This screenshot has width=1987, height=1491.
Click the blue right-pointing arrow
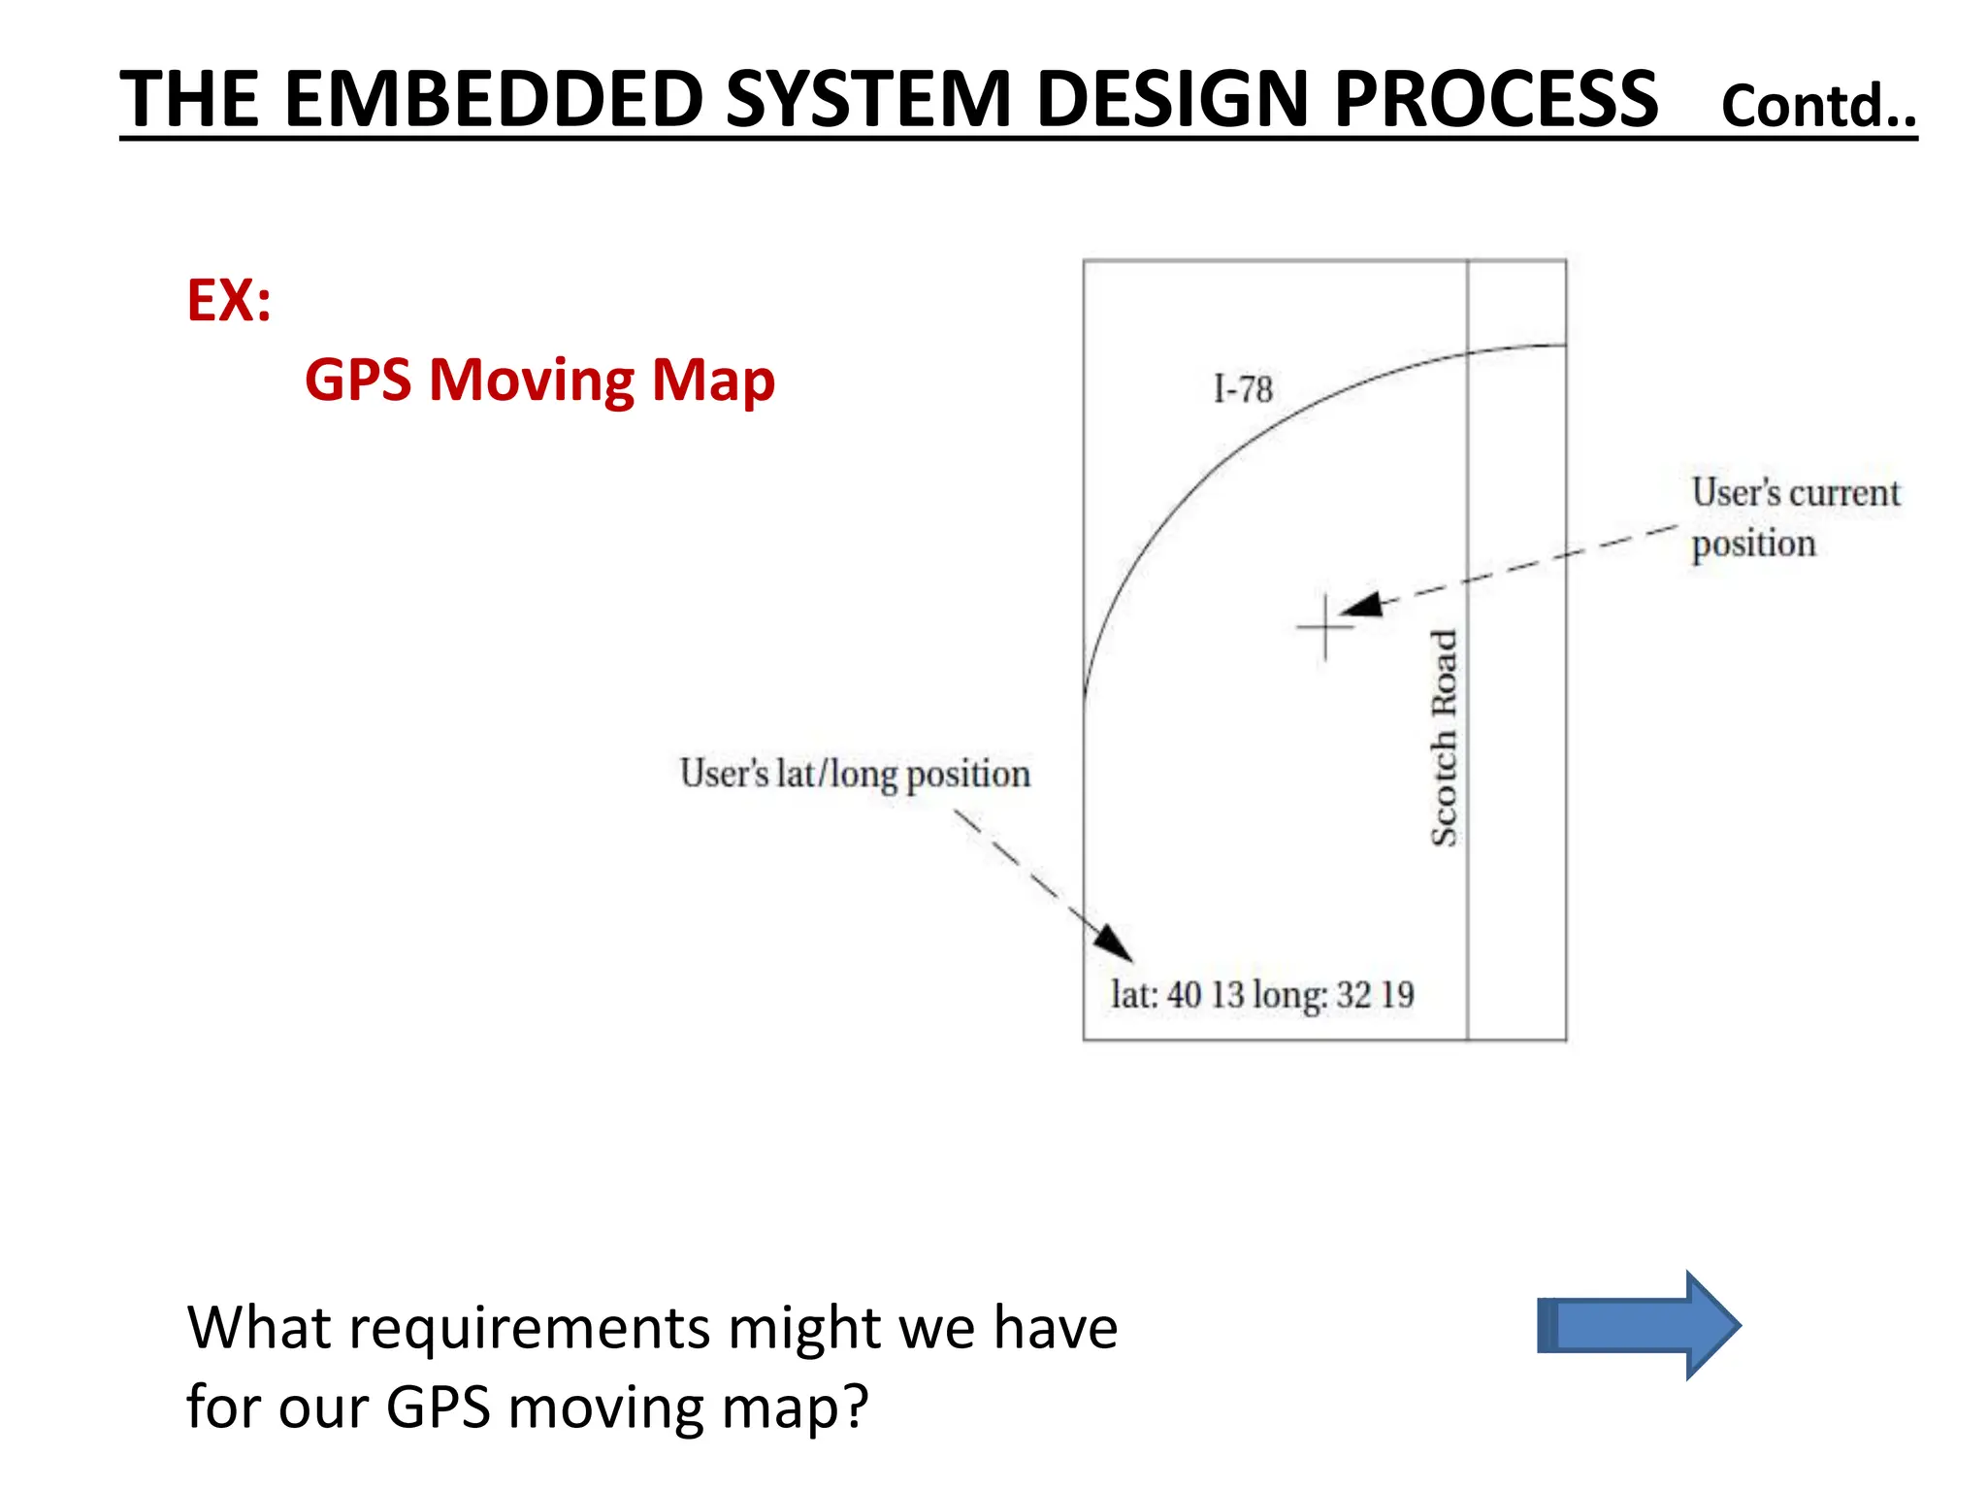coord(1640,1325)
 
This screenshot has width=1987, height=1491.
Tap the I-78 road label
coord(1243,389)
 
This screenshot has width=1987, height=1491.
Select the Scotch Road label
coord(1444,738)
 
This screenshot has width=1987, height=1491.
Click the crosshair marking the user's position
coord(1325,627)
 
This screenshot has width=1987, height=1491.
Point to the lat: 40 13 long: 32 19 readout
coord(1262,995)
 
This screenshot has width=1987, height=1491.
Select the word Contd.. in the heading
coord(1818,106)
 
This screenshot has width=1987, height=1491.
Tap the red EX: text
coord(229,300)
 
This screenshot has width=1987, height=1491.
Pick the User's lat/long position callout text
coord(855,774)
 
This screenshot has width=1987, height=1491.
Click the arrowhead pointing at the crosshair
coord(1361,606)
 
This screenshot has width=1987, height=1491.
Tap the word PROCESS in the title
coord(1495,99)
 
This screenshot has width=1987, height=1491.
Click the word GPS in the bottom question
coord(439,1407)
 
